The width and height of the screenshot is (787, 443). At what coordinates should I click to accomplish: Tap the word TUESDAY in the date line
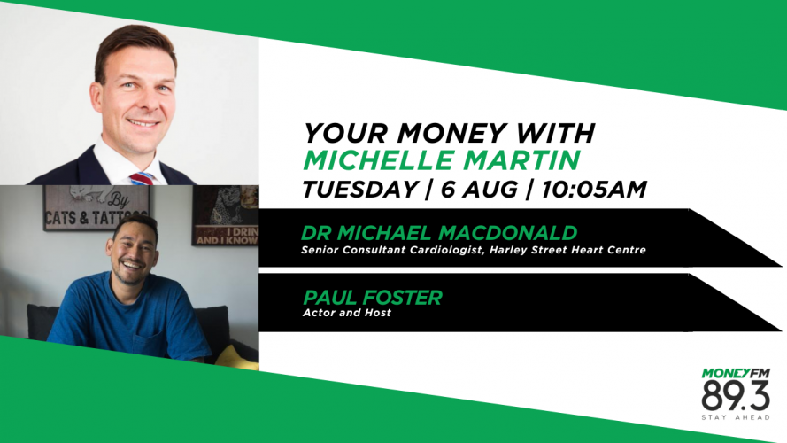pyautogui.click(x=360, y=190)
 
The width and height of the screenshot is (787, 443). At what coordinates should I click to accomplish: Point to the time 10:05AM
pyautogui.click(x=594, y=190)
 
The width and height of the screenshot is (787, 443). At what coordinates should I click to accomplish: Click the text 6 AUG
pyautogui.click(x=479, y=190)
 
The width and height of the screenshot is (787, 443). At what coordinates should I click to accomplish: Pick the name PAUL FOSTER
pyautogui.click(x=373, y=298)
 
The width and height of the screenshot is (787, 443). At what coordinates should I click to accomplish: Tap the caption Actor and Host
pyautogui.click(x=347, y=313)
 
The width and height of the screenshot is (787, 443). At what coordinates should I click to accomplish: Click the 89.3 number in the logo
pyautogui.click(x=736, y=396)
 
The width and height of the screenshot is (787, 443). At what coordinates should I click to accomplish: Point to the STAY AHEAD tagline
pyautogui.click(x=736, y=417)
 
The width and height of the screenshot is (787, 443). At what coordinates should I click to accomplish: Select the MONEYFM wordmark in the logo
pyautogui.click(x=736, y=374)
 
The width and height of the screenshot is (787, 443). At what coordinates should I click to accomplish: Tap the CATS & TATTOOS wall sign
pyautogui.click(x=96, y=208)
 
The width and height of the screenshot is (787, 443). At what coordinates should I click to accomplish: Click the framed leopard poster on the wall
pyautogui.click(x=226, y=215)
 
